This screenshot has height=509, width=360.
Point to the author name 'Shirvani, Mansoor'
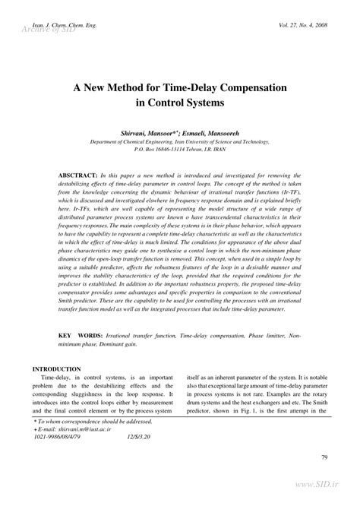pyautogui.click(x=150, y=132)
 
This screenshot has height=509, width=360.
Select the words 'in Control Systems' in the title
pyautogui.click(x=180, y=103)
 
